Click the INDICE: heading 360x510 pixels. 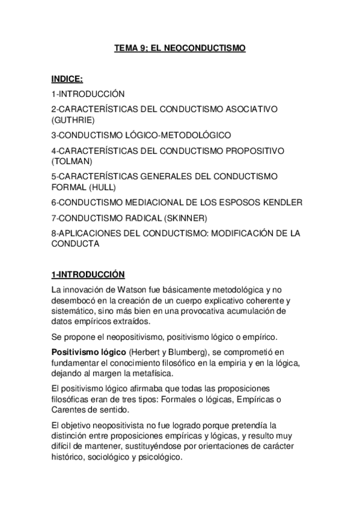[x=67, y=79]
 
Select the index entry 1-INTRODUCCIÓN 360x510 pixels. [x=88, y=94]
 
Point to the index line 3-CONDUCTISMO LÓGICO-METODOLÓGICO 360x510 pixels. [x=141, y=135]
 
